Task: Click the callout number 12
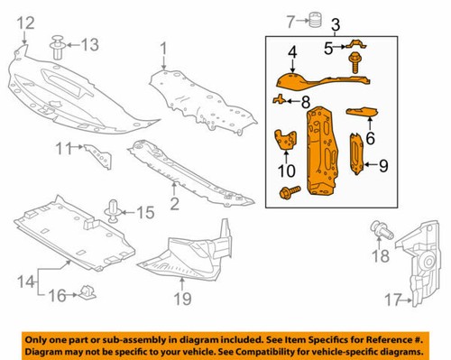tap(25, 22)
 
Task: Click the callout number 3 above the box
tap(336, 23)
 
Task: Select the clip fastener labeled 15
tap(115, 212)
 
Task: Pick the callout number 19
tap(182, 297)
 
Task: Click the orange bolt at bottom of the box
tap(290, 191)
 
